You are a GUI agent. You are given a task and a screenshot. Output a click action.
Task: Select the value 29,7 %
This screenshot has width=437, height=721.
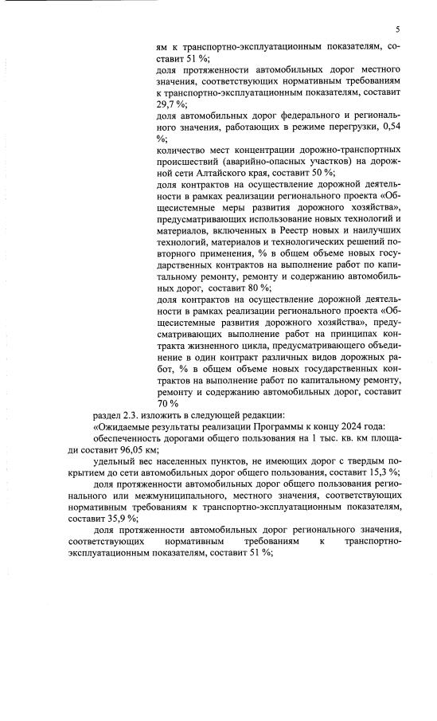tap(170, 104)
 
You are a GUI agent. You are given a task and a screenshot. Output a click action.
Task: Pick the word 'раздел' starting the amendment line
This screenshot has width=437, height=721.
tap(107, 414)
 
